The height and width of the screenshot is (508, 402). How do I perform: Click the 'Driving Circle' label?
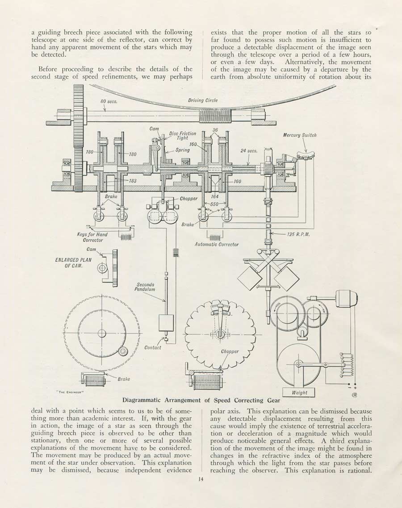(203, 100)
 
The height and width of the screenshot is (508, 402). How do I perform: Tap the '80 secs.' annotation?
(109, 101)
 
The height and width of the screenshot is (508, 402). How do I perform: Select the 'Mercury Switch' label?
(300, 135)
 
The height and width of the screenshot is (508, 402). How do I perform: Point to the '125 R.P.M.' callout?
(298, 234)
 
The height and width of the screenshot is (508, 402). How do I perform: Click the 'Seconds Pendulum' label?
(145, 287)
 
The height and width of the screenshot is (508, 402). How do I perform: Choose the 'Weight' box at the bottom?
(299, 392)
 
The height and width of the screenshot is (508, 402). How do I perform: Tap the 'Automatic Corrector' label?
(216, 245)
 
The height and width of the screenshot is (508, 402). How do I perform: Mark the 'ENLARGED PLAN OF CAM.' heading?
(73, 262)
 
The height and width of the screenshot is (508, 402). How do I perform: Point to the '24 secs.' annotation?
(249, 150)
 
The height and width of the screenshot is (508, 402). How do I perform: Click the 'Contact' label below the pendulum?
(153, 348)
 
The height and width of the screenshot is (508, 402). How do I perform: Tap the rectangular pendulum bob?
(166, 323)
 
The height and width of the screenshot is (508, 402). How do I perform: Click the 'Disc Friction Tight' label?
(183, 135)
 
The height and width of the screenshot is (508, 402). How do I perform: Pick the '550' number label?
(214, 204)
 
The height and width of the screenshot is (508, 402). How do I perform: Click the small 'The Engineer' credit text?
(71, 391)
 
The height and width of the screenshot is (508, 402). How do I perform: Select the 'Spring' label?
(183, 150)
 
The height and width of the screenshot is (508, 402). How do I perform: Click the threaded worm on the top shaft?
(214, 116)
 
